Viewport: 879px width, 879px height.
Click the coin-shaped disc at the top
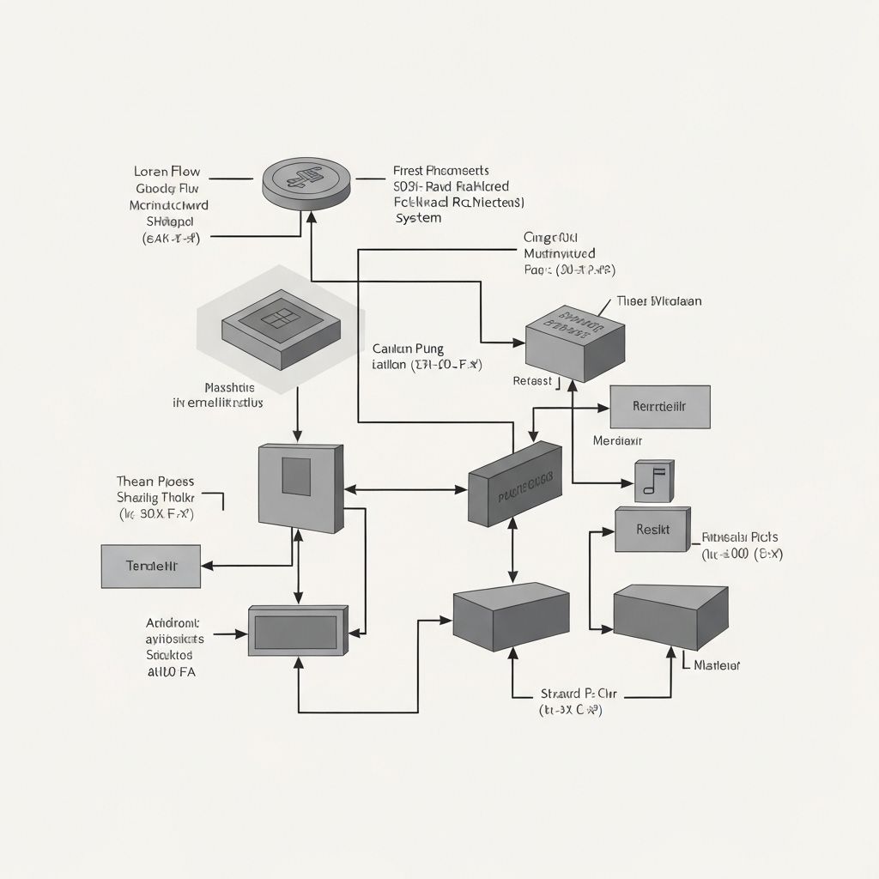pyautogui.click(x=307, y=181)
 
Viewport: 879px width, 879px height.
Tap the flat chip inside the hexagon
pyautogui.click(x=281, y=324)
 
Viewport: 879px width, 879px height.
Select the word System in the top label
pyautogui.click(x=418, y=218)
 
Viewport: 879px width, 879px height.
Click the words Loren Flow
pyautogui.click(x=167, y=171)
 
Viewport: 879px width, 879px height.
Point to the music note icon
pyautogui.click(x=654, y=482)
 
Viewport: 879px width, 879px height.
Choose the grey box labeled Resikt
pyautogui.click(x=652, y=529)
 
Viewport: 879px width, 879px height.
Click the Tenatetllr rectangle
pyautogui.click(x=150, y=566)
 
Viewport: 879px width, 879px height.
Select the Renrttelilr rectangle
pyautogui.click(x=659, y=407)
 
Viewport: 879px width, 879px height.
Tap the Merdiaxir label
pyautogui.click(x=618, y=440)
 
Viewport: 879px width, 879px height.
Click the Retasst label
pyautogui.click(x=532, y=380)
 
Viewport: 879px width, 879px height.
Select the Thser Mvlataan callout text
pyautogui.click(x=658, y=301)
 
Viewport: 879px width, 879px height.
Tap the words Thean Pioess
pyautogui.click(x=155, y=481)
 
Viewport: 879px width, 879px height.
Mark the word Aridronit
pyautogui.click(x=172, y=623)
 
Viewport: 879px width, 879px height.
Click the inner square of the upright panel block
pyautogui.click(x=296, y=477)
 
